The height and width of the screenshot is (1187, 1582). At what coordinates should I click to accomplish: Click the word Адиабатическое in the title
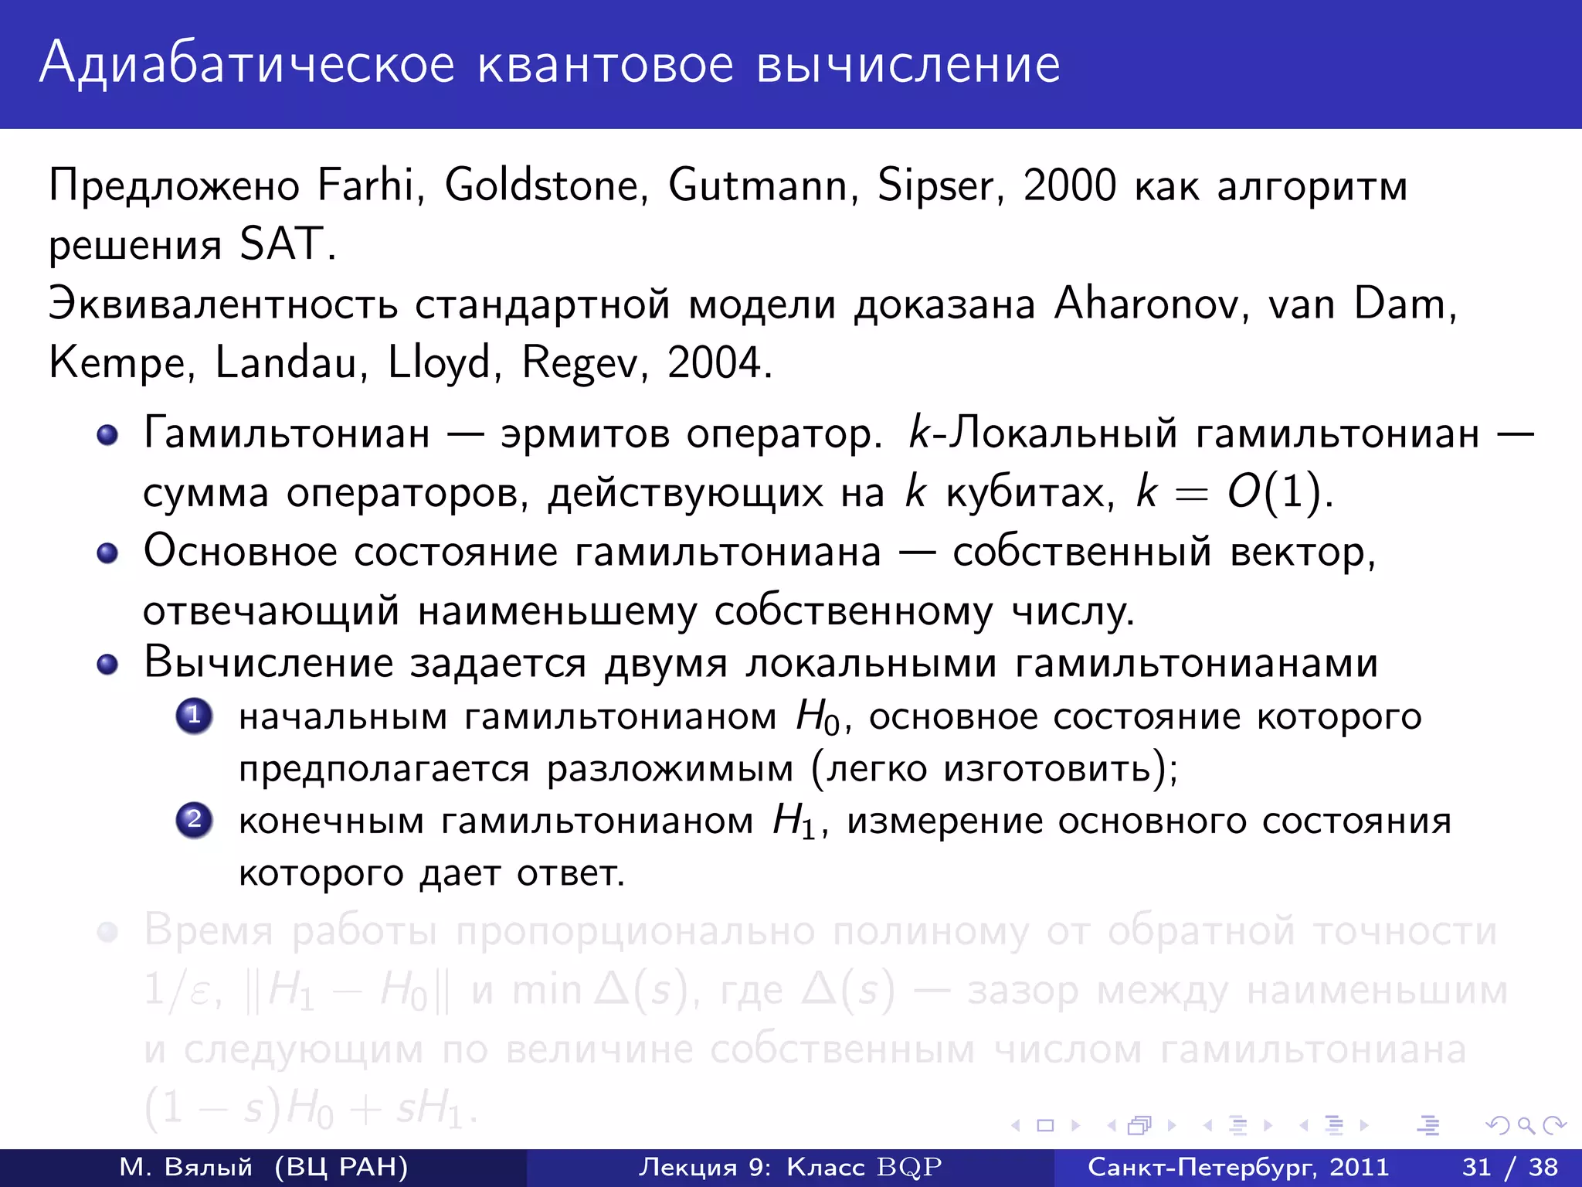point(247,65)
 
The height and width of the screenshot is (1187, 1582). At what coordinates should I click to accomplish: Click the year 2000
point(1069,186)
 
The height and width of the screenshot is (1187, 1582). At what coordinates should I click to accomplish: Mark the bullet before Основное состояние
point(107,553)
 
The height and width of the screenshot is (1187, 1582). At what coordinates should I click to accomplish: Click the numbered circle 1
point(194,716)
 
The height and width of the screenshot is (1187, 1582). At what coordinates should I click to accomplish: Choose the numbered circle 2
point(194,819)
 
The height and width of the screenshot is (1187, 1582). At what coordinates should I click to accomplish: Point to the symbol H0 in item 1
point(818,717)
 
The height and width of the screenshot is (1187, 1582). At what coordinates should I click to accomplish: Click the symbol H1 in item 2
point(795,821)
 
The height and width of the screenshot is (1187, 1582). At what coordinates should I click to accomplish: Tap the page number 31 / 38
point(1510,1167)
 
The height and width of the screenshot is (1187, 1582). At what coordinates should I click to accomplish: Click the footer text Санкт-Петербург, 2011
point(1238,1167)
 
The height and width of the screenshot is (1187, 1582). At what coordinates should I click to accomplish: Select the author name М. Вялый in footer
point(186,1167)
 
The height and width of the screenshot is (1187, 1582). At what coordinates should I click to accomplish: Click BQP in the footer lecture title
point(909,1167)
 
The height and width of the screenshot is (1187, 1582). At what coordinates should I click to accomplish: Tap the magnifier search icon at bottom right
point(1526,1126)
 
